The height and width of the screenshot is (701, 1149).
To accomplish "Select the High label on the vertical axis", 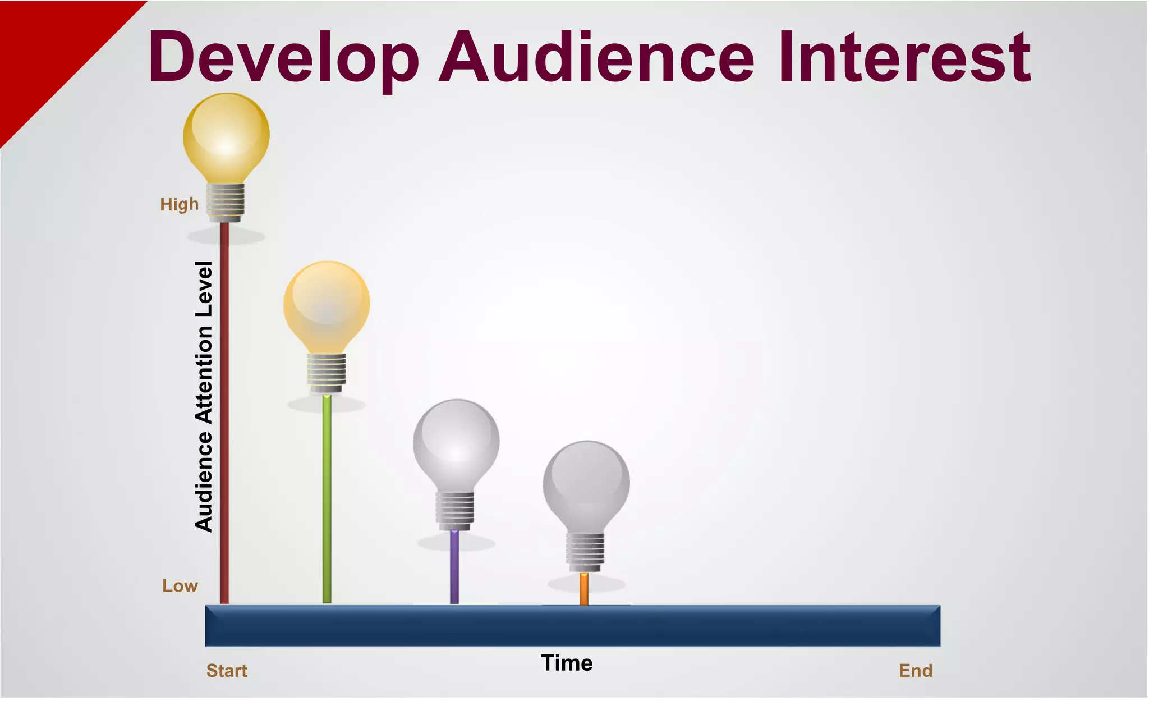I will (180, 204).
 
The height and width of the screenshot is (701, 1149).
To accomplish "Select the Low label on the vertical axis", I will (180, 586).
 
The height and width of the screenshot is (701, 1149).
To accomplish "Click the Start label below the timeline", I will (227, 671).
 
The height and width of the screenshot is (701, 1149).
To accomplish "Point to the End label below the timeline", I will (915, 671).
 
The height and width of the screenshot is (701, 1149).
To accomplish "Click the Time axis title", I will (567, 663).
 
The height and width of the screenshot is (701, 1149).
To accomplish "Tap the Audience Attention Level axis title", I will (204, 396).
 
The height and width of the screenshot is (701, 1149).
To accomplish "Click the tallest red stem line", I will (224, 415).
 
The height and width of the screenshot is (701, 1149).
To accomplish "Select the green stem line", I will (327, 500).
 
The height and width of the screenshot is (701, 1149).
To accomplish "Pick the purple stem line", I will (454, 567).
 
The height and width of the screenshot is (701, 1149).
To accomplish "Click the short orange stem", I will (584, 589).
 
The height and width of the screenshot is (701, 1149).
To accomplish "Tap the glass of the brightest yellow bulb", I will (227, 135).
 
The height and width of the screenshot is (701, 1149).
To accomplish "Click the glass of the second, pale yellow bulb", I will (327, 303).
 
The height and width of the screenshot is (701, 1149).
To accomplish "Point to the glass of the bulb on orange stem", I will (586, 483).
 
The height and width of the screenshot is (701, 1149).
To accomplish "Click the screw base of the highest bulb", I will (226, 202).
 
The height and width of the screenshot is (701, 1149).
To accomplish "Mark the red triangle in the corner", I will (45, 45).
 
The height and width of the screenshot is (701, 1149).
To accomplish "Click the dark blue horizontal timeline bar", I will (572, 626).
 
